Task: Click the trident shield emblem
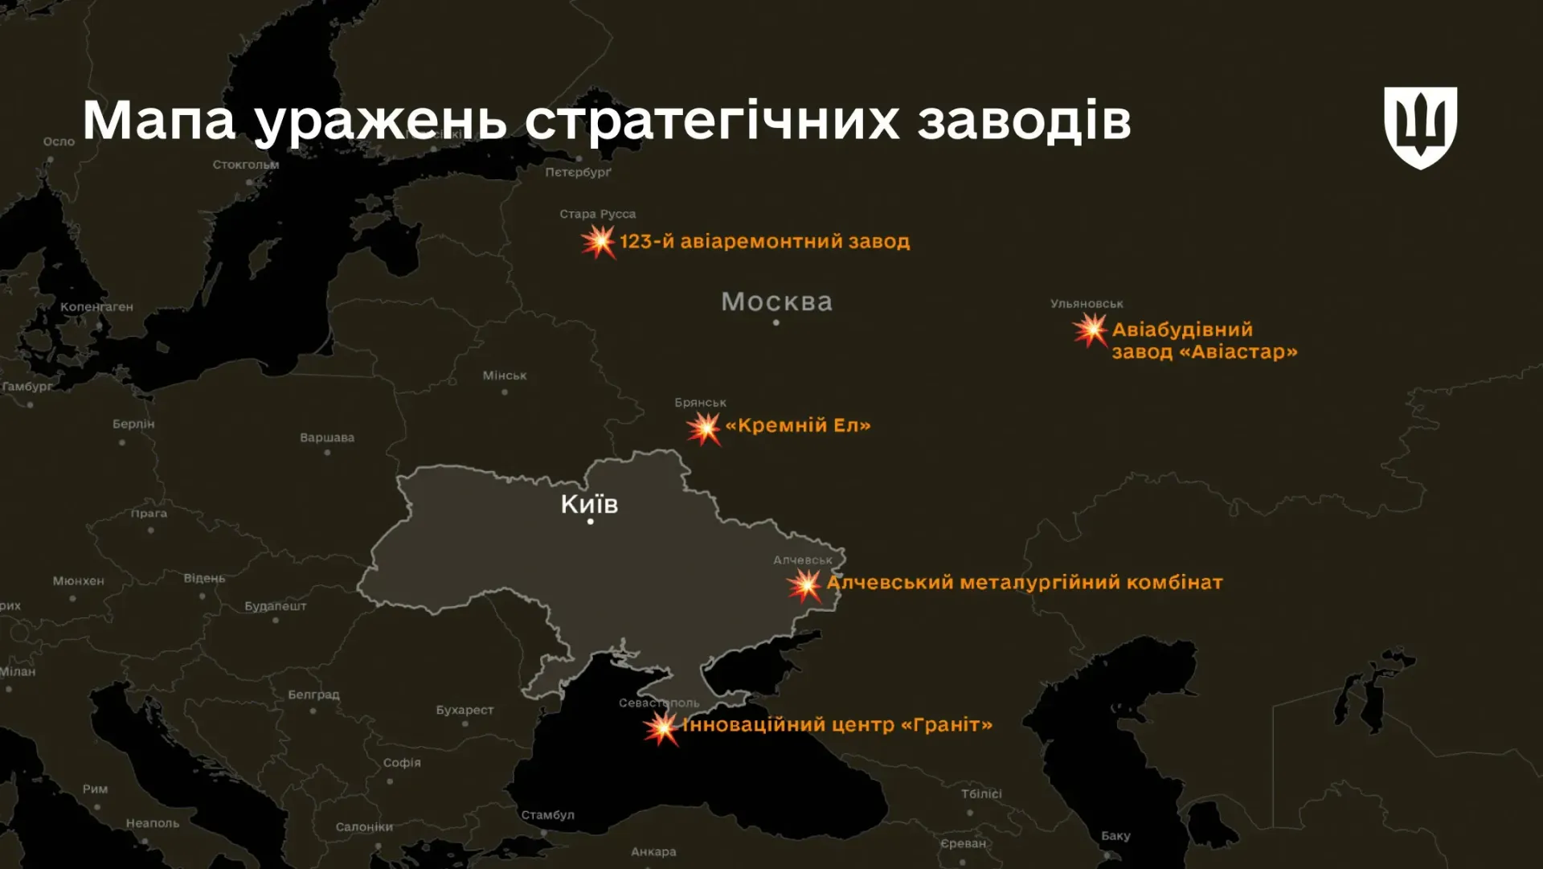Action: (1420, 127)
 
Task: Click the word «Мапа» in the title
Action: (158, 121)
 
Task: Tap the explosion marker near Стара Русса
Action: (599, 241)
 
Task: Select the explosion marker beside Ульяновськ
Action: (1091, 330)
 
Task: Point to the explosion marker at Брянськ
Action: (704, 428)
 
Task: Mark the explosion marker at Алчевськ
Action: (804, 584)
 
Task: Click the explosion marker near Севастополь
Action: (662, 728)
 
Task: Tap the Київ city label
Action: (589, 504)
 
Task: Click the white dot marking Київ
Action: (591, 522)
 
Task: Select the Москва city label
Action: (776, 301)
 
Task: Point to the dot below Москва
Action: (776, 322)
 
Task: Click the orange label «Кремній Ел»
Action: (798, 425)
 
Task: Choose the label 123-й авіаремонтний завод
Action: (764, 241)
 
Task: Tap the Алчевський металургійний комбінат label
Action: (1025, 582)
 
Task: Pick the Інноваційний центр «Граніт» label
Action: (837, 724)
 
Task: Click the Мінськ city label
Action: (505, 375)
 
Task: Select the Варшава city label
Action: (327, 437)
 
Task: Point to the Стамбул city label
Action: (547, 814)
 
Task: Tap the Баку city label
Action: (1115, 835)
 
